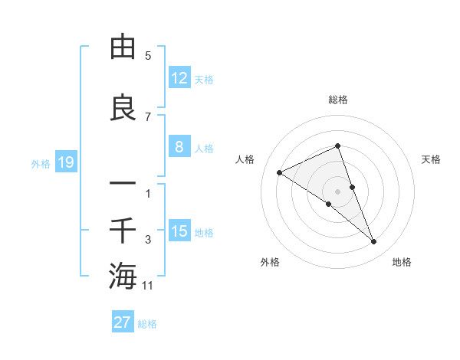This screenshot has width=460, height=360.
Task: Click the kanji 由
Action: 123,47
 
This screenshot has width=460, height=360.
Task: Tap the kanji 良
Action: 123,108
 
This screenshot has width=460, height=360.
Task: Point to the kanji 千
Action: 123,231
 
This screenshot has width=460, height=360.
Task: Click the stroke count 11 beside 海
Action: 149,286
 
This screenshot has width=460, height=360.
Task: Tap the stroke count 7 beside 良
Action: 148,116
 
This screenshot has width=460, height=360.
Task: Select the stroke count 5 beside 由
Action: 148,55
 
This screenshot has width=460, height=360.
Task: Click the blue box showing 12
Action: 179,78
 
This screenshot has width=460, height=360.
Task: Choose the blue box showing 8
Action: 179,148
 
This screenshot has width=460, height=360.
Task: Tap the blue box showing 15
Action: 179,231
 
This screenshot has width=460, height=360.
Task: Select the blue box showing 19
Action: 65,162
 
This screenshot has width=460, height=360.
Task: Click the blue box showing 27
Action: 123,322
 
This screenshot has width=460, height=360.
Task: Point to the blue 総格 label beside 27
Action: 148,324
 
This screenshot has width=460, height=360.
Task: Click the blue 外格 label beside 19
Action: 41,163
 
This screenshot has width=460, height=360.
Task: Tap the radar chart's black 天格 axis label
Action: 432,159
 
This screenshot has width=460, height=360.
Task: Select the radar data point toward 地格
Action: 374,242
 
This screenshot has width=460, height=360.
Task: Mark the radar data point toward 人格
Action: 280,172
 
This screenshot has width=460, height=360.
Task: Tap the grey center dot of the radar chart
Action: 338,191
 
